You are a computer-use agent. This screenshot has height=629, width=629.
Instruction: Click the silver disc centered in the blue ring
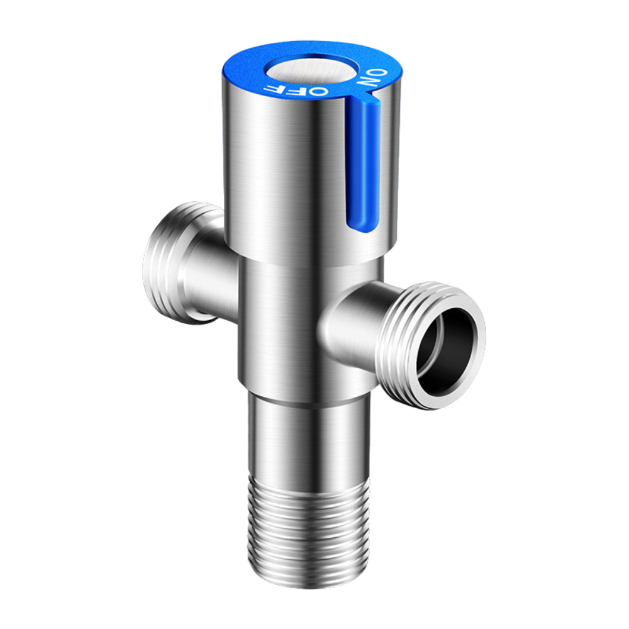[308, 70]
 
